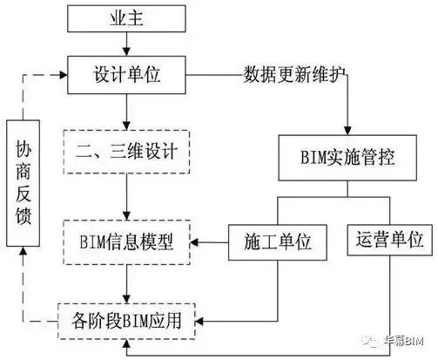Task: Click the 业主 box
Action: coord(126,18)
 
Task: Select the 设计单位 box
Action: coord(126,75)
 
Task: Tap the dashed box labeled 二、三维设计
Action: coord(126,152)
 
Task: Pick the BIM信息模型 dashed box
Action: coord(126,242)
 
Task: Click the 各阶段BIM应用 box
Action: coord(126,322)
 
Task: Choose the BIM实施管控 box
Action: coord(347,158)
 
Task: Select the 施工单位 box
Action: coord(278,242)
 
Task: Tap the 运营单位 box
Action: coord(390,240)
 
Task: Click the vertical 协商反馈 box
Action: coord(23,183)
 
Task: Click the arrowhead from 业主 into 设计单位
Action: coord(126,51)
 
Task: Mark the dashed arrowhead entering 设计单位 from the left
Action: coord(64,75)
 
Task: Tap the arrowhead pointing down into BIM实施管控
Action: coord(347,130)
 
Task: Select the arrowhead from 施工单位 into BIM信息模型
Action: coord(194,242)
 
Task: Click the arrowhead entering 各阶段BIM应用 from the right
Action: coord(199,322)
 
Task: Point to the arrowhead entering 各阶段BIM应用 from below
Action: coord(126,344)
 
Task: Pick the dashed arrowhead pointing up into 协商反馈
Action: coord(23,251)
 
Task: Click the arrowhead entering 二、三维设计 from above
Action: coord(126,126)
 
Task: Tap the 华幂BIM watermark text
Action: coord(403,341)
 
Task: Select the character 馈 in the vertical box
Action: coord(23,215)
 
